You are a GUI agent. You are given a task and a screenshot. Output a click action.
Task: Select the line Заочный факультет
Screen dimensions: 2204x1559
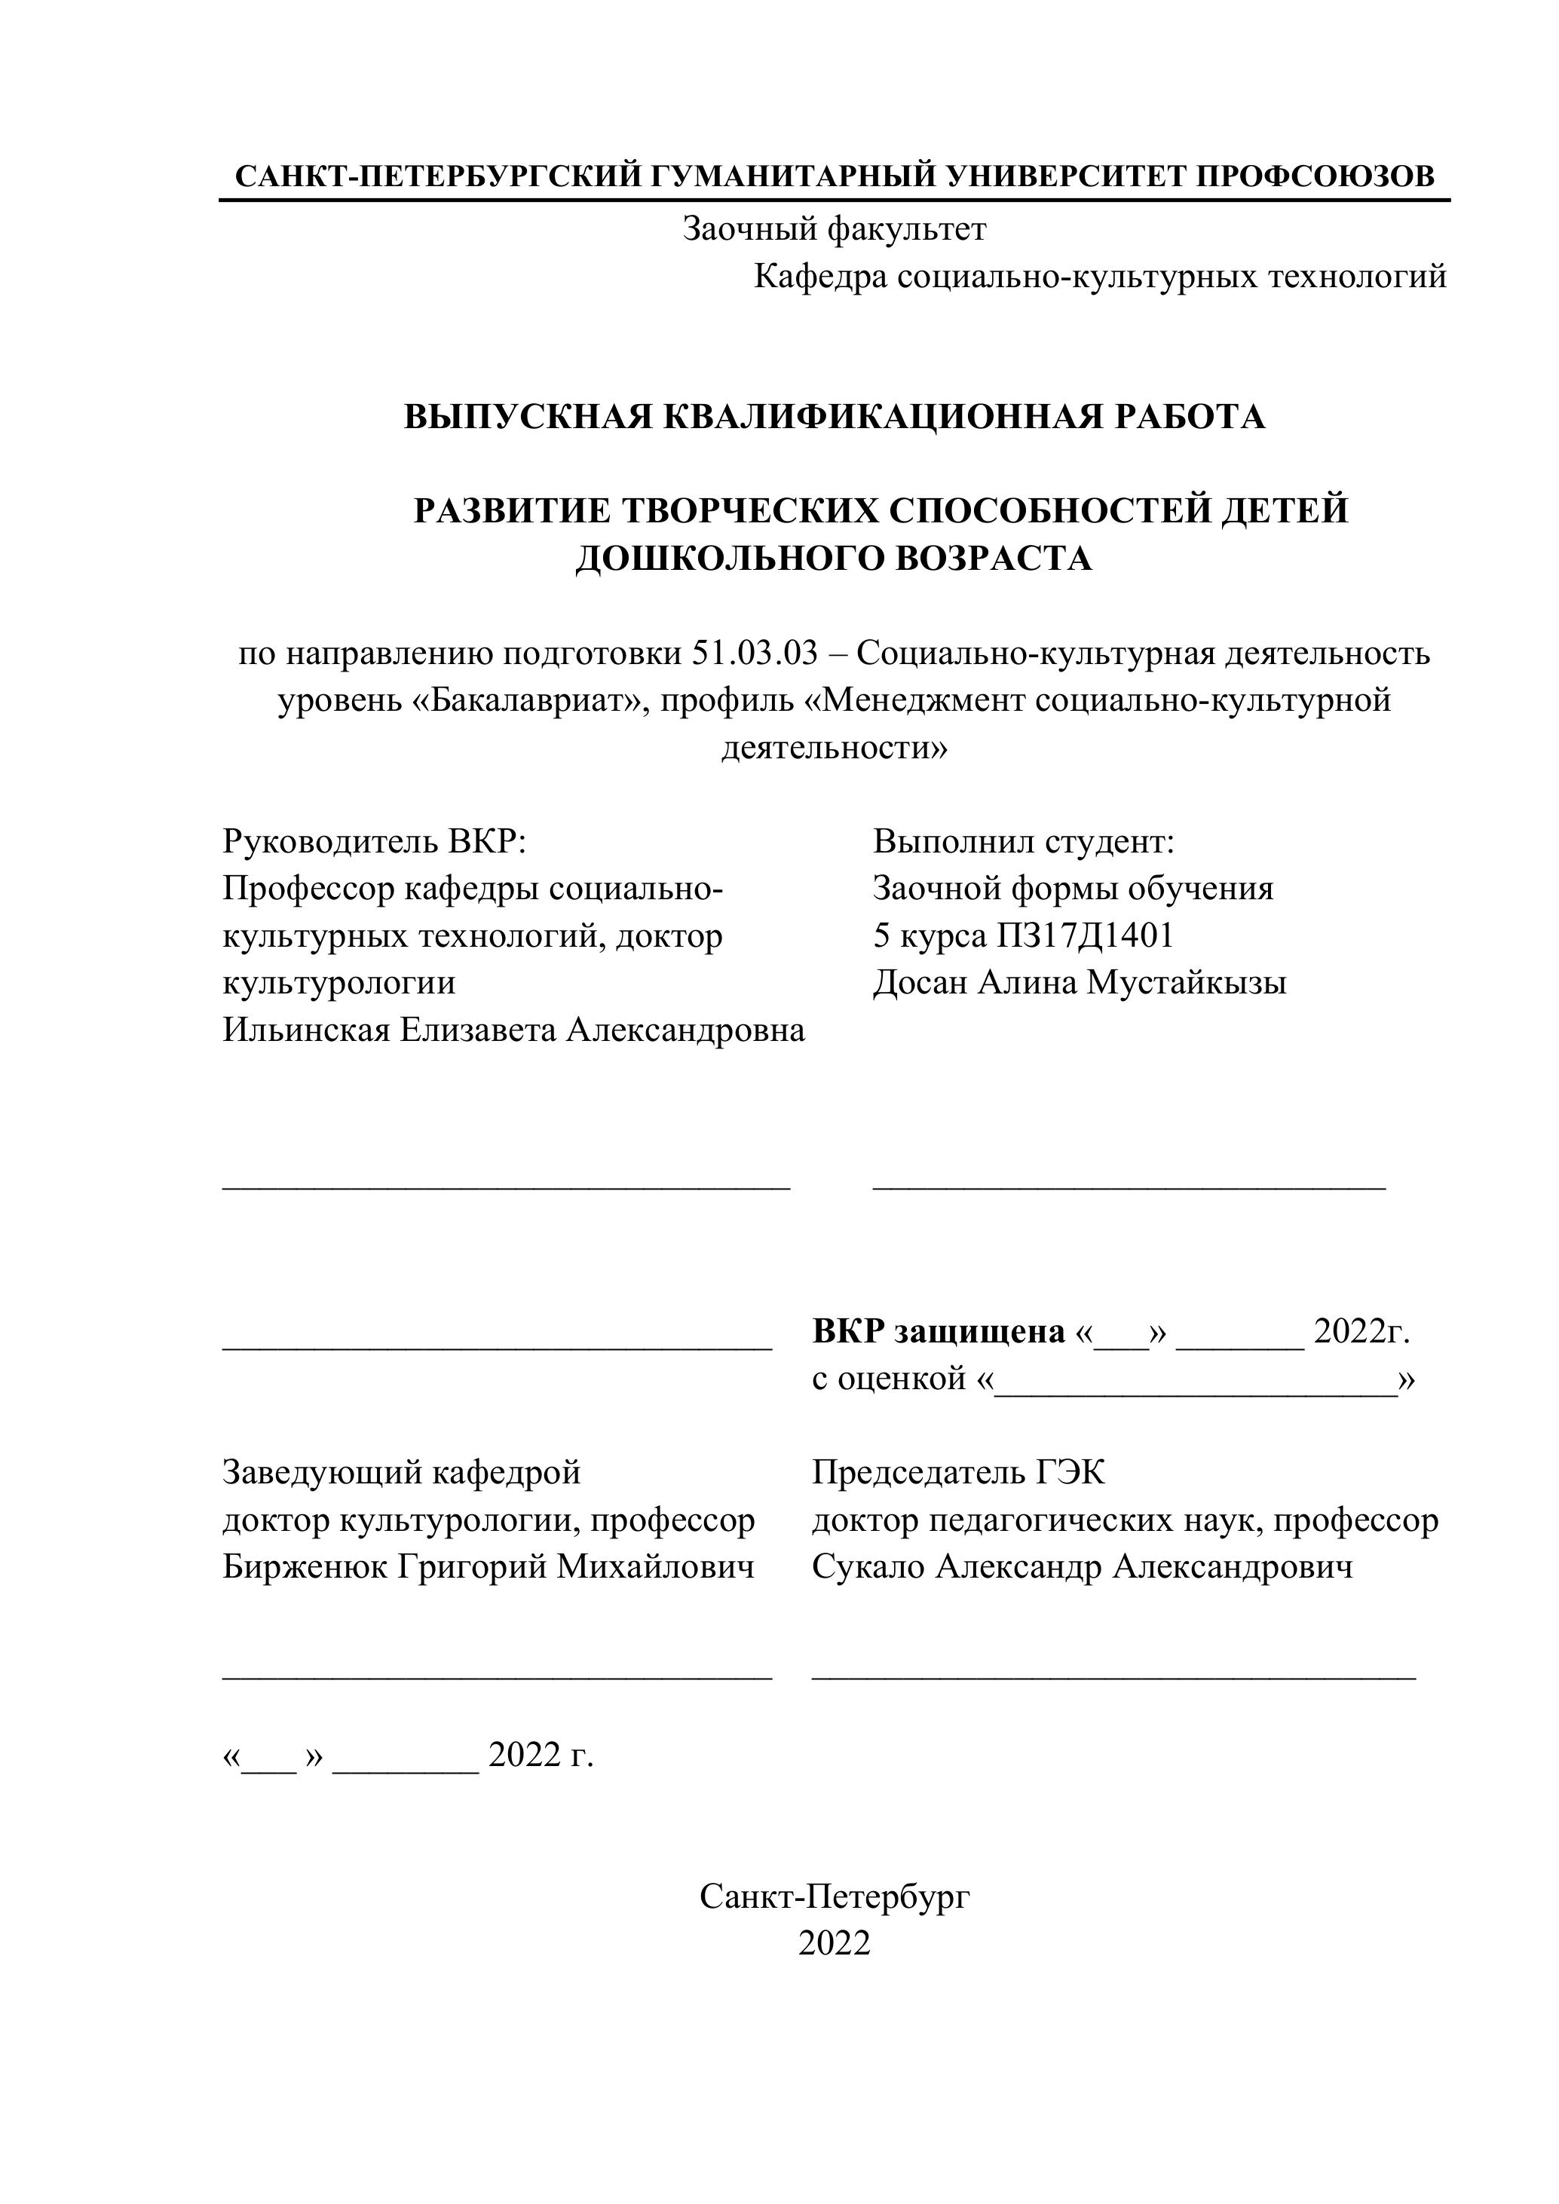[x=833, y=229]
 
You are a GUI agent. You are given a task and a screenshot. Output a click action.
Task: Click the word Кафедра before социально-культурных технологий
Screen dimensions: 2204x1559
[x=821, y=277]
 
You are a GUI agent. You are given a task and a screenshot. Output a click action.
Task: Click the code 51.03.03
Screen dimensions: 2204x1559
[x=754, y=654]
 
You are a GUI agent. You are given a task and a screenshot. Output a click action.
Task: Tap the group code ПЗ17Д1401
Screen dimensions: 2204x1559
[x=1086, y=936]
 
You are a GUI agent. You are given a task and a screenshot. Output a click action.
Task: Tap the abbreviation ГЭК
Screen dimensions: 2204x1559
[x=1070, y=1473]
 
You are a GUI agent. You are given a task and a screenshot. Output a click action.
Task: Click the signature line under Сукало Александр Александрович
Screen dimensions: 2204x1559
[x=1113, y=1678]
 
